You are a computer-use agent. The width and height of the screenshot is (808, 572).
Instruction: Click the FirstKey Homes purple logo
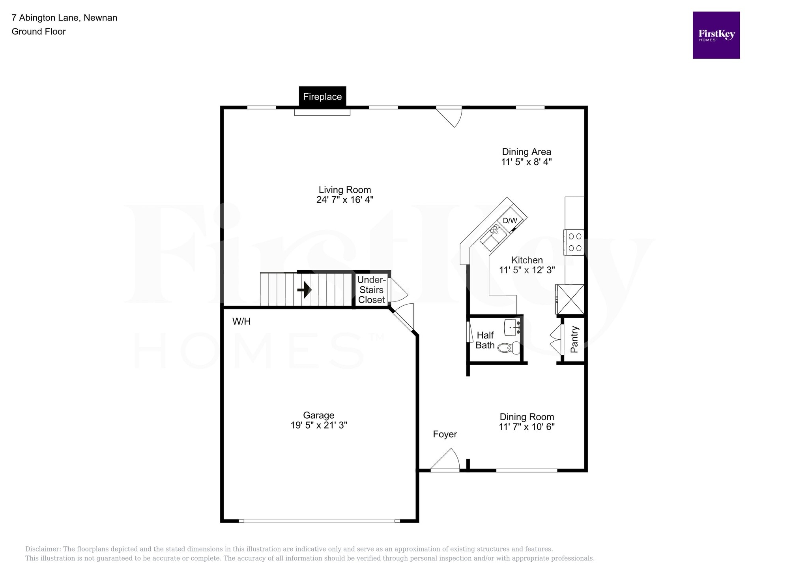[716, 35]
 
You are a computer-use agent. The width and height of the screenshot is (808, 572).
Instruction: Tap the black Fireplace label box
[322, 97]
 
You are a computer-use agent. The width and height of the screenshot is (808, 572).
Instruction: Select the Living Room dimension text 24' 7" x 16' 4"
[345, 200]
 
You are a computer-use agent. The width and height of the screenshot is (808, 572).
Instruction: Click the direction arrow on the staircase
[305, 290]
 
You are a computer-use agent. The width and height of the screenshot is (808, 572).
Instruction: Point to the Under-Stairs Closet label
[371, 290]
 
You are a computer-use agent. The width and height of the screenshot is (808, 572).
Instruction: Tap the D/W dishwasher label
[510, 220]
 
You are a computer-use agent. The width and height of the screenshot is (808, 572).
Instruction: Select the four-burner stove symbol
[574, 242]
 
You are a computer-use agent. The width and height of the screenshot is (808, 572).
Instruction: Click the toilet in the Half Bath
[509, 348]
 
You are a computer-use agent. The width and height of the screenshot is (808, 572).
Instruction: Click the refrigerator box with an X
[570, 299]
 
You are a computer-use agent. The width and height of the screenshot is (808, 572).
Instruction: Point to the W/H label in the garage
[241, 322]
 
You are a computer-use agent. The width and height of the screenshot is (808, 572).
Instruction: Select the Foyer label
[445, 435]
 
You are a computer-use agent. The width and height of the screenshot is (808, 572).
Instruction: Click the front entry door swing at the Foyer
[446, 461]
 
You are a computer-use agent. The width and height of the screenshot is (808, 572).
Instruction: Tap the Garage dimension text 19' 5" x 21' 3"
[319, 425]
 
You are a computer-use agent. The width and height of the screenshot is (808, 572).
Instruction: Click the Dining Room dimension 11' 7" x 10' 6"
[527, 427]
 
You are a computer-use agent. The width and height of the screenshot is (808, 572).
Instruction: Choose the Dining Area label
[526, 152]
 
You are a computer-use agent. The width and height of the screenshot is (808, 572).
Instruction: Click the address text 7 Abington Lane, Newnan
[64, 18]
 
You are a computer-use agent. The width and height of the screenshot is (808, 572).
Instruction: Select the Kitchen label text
[527, 260]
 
